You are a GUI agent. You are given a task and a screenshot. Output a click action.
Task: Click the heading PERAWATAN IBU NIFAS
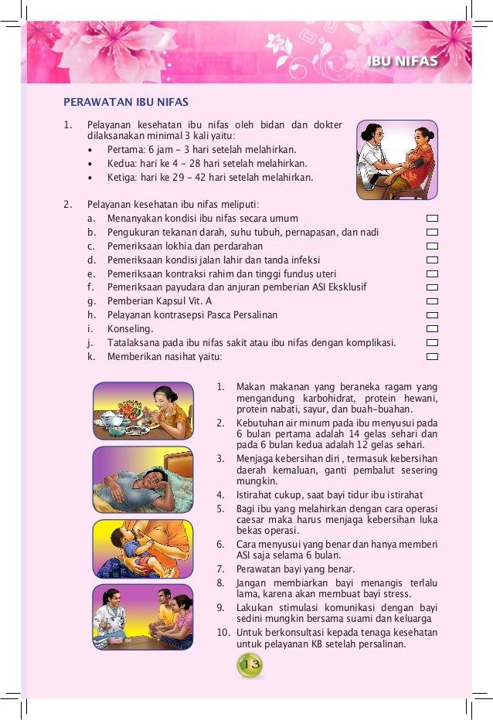click(x=126, y=102)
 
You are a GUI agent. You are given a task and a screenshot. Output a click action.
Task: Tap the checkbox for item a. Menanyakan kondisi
click(x=432, y=219)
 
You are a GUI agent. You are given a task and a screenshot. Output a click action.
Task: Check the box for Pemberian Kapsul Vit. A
click(x=432, y=301)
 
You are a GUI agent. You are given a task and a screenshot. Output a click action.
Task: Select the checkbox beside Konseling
click(x=432, y=329)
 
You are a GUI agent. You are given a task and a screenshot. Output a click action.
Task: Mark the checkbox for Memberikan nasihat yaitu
click(x=432, y=357)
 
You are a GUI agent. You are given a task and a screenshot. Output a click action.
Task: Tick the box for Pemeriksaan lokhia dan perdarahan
click(x=432, y=246)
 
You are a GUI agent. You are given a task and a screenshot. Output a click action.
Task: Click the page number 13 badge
click(x=250, y=664)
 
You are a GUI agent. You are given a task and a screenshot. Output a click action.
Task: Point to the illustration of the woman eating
click(x=143, y=410)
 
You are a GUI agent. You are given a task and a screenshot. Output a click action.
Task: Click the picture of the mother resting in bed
click(x=143, y=480)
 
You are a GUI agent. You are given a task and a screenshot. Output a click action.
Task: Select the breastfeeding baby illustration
click(x=143, y=548)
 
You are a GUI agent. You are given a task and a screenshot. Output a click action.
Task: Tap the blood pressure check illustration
click(x=396, y=158)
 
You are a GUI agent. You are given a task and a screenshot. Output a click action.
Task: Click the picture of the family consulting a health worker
click(x=143, y=616)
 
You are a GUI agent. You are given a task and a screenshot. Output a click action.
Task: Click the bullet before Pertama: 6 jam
click(x=90, y=150)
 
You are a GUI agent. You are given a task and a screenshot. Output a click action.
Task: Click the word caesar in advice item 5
click(x=250, y=521)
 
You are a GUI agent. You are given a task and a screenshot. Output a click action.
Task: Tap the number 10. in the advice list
click(x=222, y=633)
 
